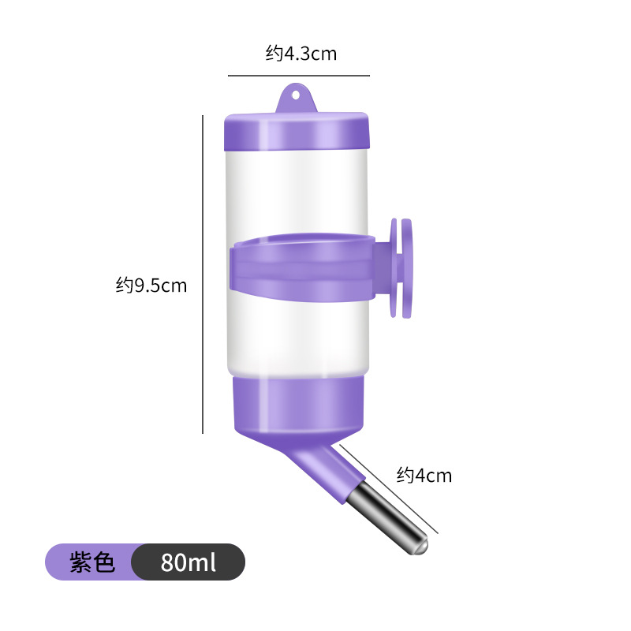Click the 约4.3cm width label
click(301, 54)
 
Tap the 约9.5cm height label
click(151, 285)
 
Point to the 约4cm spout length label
click(424, 475)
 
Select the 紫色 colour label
click(92, 562)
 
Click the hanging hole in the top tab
click(297, 95)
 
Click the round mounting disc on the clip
click(402, 268)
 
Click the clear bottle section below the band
click(297, 339)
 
